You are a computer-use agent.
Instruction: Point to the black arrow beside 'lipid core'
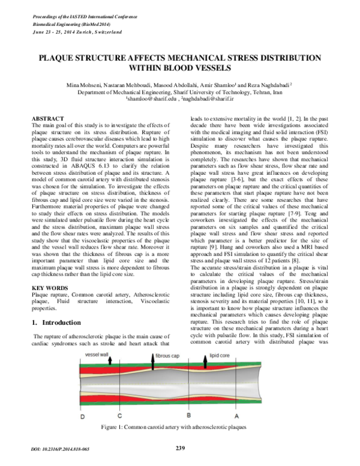tap(222, 359)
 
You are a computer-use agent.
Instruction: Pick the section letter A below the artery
tap(236, 416)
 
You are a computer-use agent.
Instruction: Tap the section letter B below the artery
tap(188, 415)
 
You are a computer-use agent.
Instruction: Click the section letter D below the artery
tap(83, 416)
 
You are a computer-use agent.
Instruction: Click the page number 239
tap(180, 447)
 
